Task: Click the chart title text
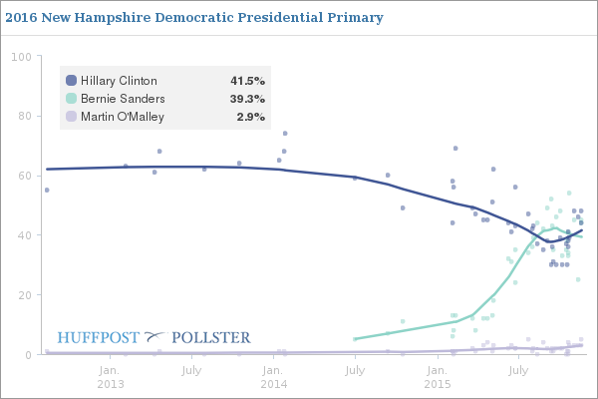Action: [x=193, y=19]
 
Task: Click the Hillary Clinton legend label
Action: [x=119, y=81]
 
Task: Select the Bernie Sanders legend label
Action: [x=123, y=99]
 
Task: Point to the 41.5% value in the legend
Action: [x=247, y=81]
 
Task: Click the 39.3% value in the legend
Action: [x=247, y=99]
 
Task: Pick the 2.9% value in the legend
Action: [x=250, y=117]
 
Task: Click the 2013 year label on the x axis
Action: [x=111, y=383]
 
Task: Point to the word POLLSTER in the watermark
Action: [x=211, y=337]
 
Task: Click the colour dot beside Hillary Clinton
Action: [x=71, y=81]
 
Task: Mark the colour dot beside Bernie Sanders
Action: [x=71, y=99]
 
